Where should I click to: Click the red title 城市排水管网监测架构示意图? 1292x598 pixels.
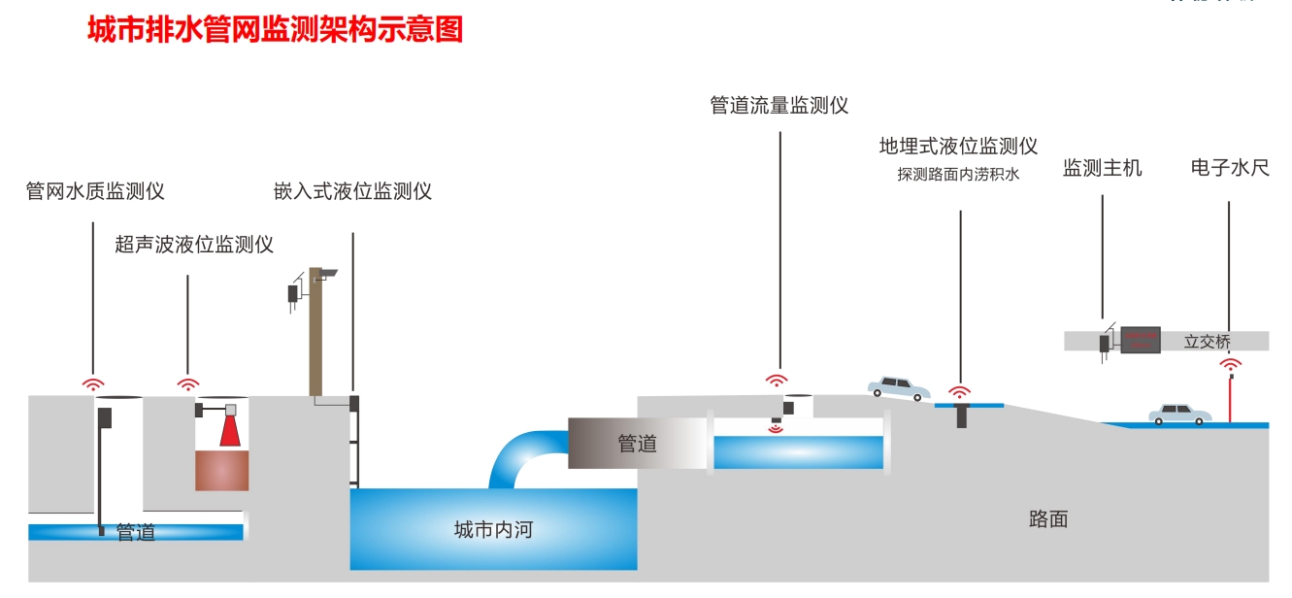275,30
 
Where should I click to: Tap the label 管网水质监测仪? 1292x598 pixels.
95,191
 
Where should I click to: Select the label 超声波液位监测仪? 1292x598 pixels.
194,244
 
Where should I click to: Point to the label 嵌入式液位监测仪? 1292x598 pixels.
352,191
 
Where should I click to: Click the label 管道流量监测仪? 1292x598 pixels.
779,106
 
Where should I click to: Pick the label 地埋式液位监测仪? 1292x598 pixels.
958,147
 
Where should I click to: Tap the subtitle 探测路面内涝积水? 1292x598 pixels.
958,175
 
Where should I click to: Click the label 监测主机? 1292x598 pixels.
1102,169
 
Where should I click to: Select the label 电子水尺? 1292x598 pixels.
1229,169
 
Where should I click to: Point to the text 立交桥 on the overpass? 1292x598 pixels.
1208,342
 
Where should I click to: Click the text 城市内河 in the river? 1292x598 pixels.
493,530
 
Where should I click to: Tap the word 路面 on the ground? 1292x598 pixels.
1048,518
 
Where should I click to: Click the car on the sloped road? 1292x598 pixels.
899,388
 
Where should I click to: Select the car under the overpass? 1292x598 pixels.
1180,415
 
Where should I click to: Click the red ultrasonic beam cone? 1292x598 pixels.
229,432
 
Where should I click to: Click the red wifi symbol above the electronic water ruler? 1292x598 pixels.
1231,366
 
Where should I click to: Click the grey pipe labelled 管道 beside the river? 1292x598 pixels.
636,444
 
